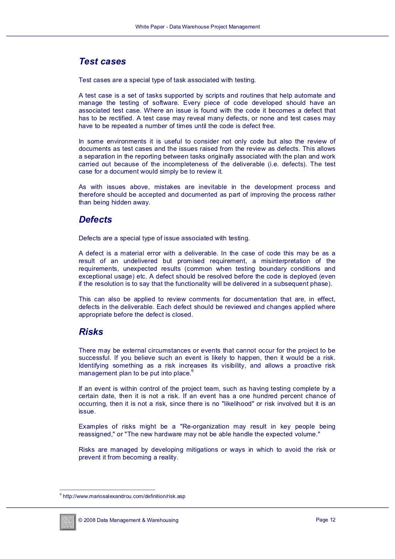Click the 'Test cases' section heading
[x=102, y=61]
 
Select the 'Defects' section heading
[x=95, y=220]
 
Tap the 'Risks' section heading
[x=91, y=332]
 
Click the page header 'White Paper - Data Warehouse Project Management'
[x=197, y=27]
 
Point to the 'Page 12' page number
[x=326, y=520]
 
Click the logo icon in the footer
[x=68, y=522]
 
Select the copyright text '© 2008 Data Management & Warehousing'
[x=128, y=520]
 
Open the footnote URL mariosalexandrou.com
[x=124, y=496]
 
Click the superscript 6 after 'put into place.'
[x=192, y=371]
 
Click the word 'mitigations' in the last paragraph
[x=202, y=449]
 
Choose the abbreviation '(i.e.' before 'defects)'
[x=273, y=164]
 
